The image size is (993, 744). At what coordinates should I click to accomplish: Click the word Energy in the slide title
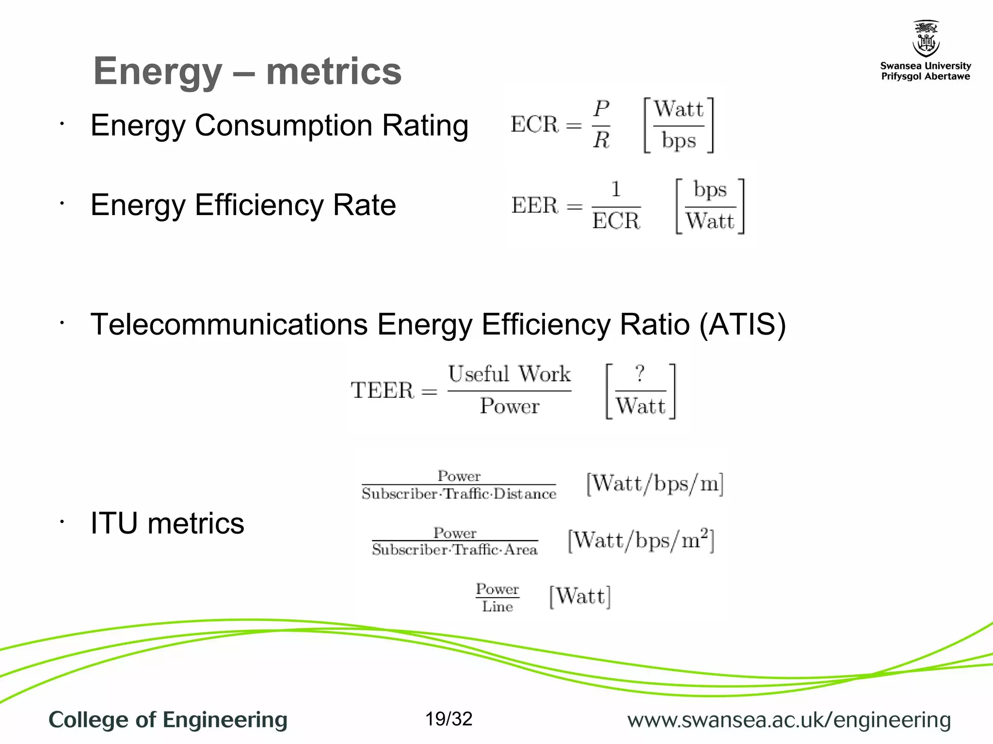158,72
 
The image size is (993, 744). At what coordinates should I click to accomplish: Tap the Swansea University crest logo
926,39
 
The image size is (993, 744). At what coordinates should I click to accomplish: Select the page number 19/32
448,719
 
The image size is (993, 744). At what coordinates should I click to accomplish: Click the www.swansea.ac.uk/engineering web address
789,720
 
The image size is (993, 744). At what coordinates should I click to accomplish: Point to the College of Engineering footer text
168,720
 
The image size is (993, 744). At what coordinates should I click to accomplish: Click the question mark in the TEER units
640,373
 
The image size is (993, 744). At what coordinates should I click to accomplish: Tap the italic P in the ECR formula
601,108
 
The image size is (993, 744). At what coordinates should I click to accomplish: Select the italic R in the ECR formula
601,140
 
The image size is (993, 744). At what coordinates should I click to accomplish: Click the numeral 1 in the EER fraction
616,189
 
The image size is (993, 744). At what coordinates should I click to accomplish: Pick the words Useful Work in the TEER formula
509,374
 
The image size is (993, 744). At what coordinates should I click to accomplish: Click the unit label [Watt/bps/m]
655,483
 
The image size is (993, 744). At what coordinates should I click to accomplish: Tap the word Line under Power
497,606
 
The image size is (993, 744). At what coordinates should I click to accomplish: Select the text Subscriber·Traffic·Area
455,550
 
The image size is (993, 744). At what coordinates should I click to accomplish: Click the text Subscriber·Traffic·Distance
459,494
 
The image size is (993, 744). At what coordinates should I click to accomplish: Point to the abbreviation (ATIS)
742,324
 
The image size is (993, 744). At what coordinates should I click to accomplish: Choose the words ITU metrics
167,524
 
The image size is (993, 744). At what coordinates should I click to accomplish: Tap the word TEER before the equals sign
383,390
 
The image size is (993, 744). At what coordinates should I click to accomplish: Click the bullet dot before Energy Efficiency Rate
62,203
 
